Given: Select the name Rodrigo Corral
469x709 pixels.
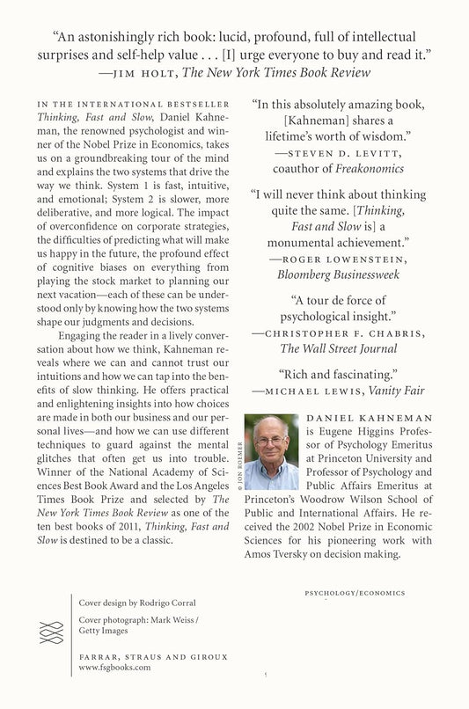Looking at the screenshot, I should (180, 603).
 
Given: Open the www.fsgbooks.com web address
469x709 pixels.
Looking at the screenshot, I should (114, 668).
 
